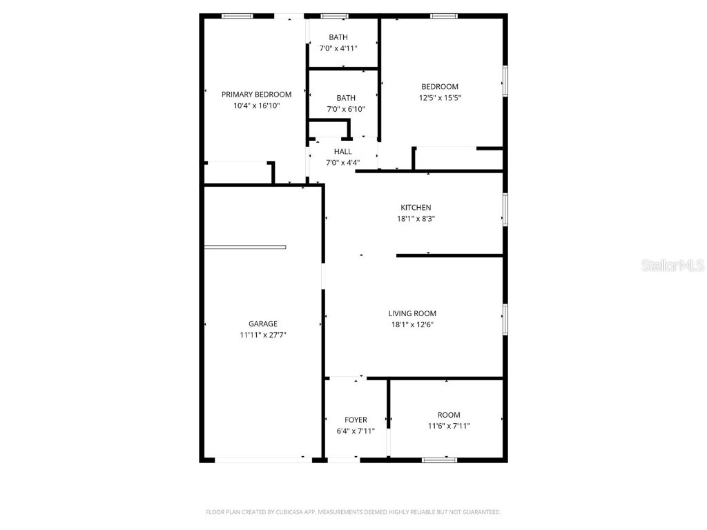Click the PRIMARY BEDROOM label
(x=256, y=95)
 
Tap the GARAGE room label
(x=263, y=324)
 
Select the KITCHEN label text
(x=416, y=208)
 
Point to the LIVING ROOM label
(x=412, y=313)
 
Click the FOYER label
(x=356, y=420)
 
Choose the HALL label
(x=343, y=152)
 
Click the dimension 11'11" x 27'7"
(x=263, y=335)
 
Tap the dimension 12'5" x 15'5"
(x=440, y=98)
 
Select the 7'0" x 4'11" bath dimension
(x=338, y=48)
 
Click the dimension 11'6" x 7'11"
(x=449, y=426)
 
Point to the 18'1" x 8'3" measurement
(x=416, y=219)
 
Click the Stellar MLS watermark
(x=672, y=265)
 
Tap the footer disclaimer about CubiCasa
(x=353, y=512)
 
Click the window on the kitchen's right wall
(x=505, y=209)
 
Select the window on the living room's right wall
(x=505, y=320)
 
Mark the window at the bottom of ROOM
(x=439, y=460)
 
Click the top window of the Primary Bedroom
(x=237, y=15)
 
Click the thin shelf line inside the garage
(x=245, y=247)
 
